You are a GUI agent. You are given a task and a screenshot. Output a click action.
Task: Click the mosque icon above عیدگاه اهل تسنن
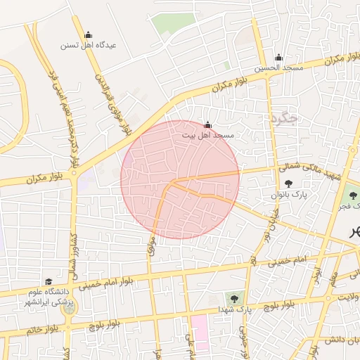pos(88,34)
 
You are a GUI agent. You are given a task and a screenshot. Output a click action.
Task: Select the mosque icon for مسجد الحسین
pos(278,58)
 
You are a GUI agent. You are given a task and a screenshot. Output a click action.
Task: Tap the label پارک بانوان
pos(289,193)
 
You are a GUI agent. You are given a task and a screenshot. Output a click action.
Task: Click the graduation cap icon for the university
pos(49,281)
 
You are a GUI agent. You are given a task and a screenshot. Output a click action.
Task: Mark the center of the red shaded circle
pos(180,179)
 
